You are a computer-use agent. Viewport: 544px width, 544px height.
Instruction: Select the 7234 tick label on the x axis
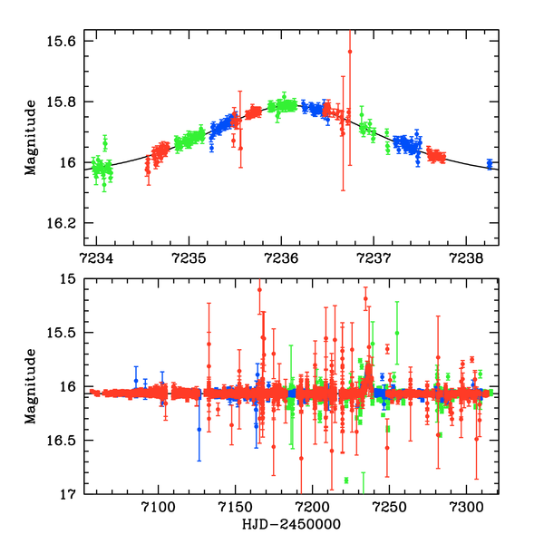[96, 257]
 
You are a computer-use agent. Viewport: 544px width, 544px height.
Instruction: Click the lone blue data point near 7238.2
[489, 164]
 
